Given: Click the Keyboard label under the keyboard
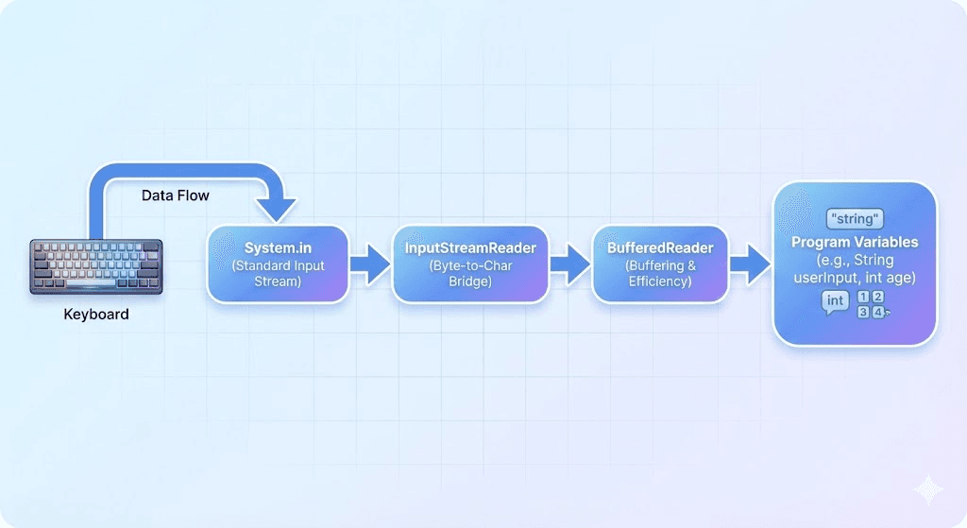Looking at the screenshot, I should (x=95, y=314).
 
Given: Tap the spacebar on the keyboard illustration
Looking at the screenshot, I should (x=95, y=284).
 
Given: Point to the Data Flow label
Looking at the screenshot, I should (x=175, y=196).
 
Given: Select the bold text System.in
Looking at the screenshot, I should (x=278, y=248).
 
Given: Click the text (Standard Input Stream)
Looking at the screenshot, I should (x=278, y=274).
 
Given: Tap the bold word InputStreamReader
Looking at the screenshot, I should (x=470, y=248).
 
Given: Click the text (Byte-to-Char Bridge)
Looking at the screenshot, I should (x=470, y=274).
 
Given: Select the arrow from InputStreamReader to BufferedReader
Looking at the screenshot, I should (x=568, y=264).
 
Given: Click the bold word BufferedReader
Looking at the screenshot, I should (x=660, y=248).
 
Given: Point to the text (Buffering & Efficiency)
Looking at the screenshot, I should (x=660, y=274).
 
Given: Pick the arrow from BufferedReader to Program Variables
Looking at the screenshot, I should (x=751, y=264).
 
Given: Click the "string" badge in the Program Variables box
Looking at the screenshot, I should (x=854, y=218).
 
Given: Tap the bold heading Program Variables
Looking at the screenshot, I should (x=854, y=242).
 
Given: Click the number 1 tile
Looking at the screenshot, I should (x=861, y=297).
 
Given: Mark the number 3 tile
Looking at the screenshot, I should (x=861, y=312).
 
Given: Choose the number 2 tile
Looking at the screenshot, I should (x=877, y=297).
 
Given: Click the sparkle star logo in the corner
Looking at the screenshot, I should (x=929, y=491).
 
